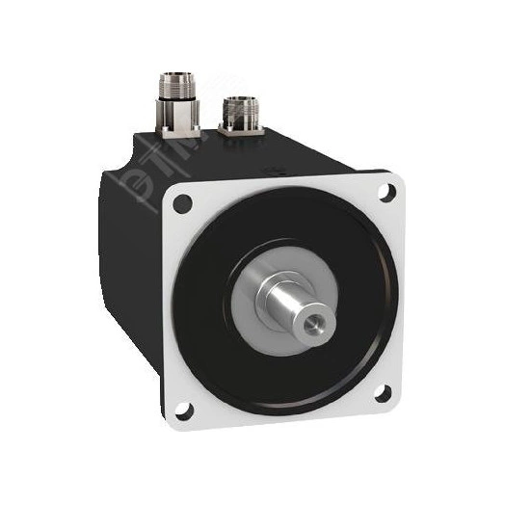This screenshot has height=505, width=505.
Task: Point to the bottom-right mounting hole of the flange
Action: (384, 392)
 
